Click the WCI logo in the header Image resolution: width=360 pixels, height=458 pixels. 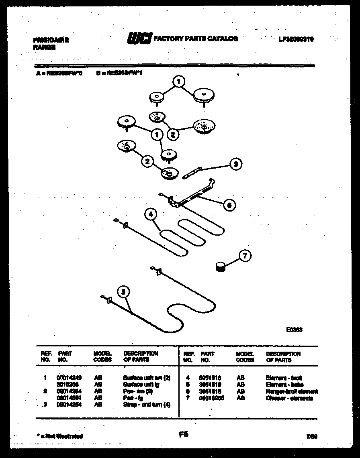[x=139, y=39]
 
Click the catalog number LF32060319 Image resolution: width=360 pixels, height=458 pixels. [x=296, y=39]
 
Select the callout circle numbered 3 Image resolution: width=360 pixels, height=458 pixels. [x=235, y=164]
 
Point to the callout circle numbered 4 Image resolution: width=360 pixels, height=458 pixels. [x=150, y=214]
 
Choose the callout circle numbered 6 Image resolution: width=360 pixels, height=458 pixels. [x=229, y=205]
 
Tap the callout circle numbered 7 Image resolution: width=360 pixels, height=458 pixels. [x=245, y=256]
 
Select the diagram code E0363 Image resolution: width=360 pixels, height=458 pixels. [x=294, y=330]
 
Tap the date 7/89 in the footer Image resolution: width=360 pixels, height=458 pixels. [x=311, y=436]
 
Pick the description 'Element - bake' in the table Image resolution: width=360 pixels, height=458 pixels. [x=284, y=385]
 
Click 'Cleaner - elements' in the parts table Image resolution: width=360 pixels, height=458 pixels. [x=289, y=398]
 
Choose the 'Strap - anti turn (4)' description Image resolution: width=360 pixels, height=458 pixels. [x=146, y=405]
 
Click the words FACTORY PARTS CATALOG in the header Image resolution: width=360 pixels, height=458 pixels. [x=196, y=39]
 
